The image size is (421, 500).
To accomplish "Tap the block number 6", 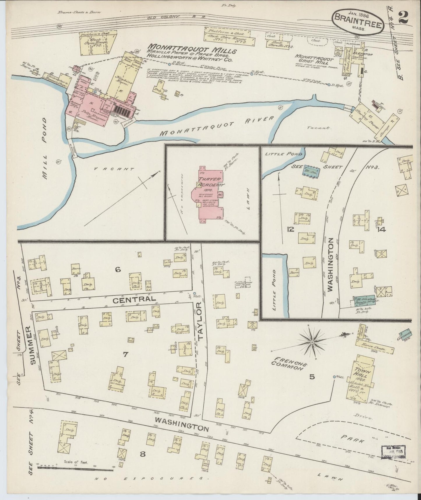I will (x=117, y=270).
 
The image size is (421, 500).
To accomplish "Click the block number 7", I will (x=125, y=354).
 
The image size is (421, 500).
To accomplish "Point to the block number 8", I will (x=142, y=454).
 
